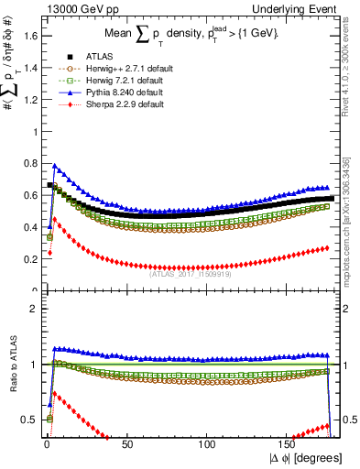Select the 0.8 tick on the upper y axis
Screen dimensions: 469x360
(x=30, y=163)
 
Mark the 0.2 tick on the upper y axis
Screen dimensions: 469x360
(x=30, y=259)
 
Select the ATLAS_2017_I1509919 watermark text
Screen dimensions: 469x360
(x=191, y=272)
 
